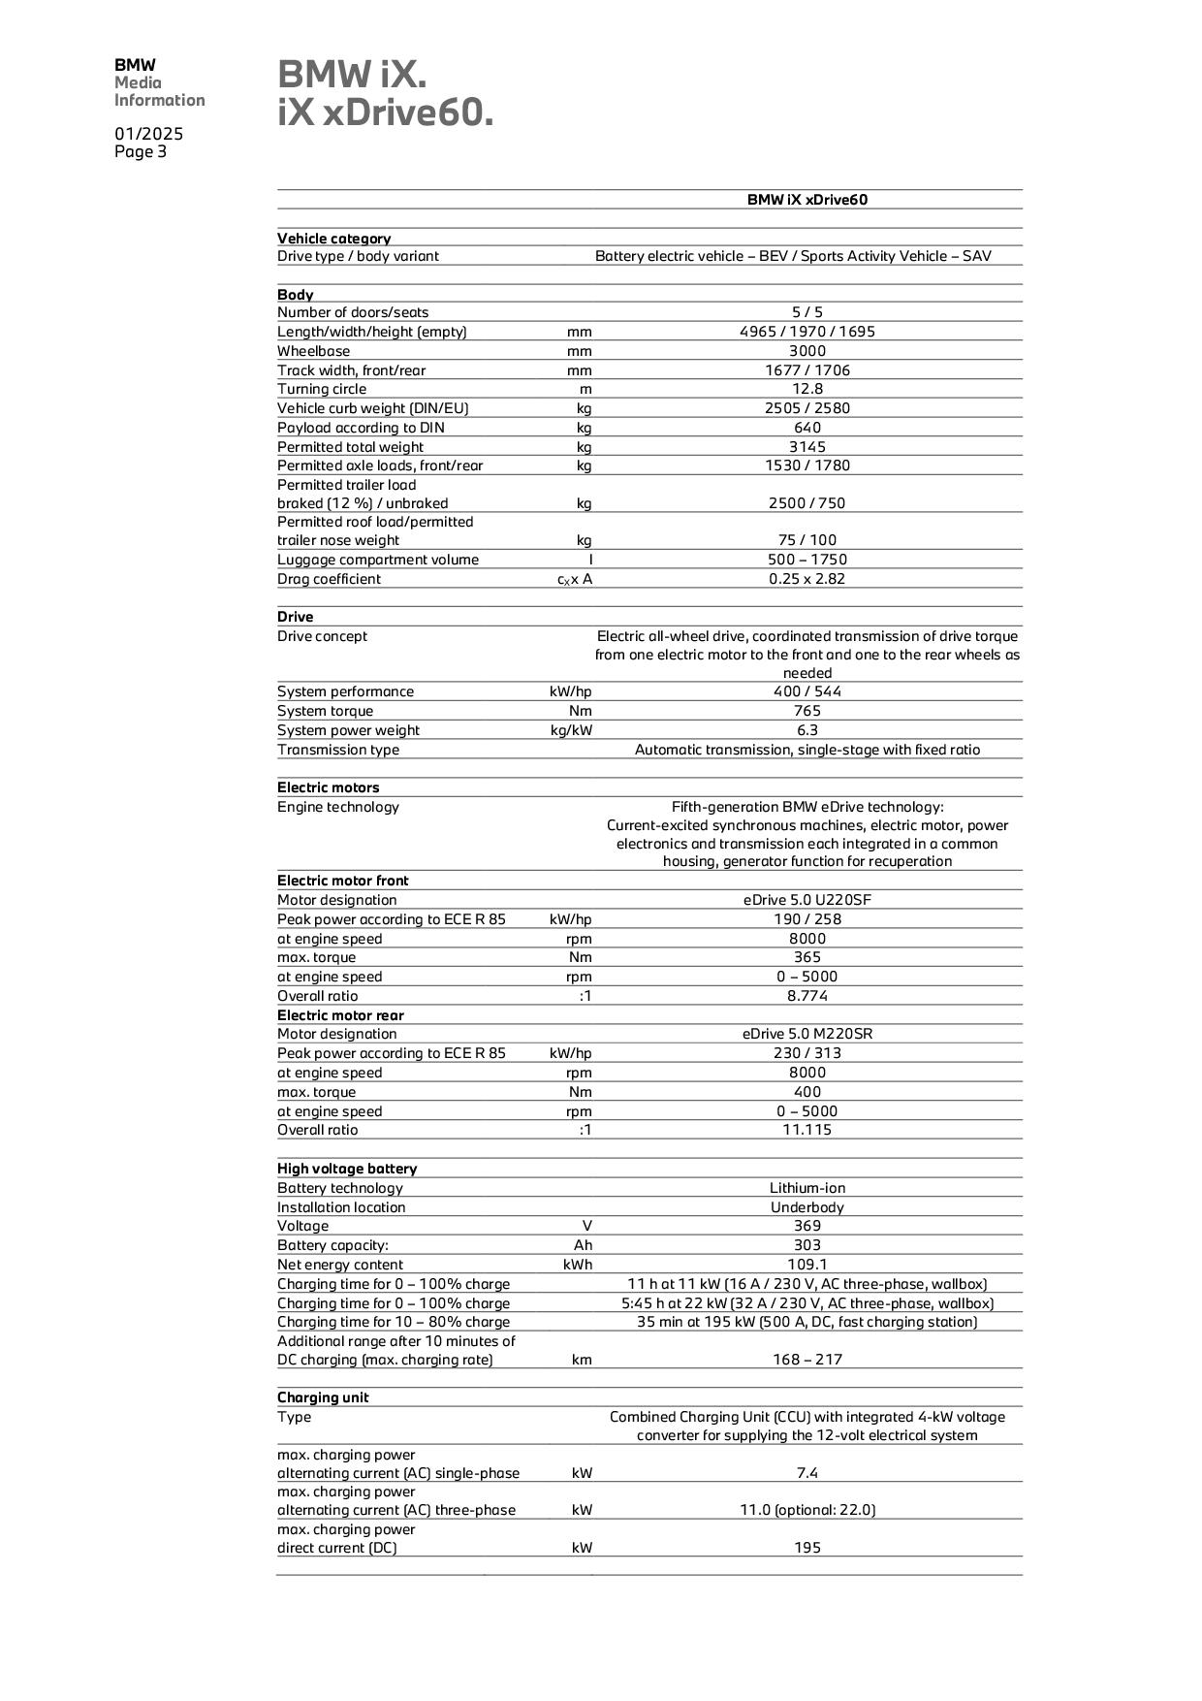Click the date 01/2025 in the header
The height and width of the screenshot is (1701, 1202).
click(x=148, y=134)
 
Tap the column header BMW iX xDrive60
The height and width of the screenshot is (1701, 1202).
click(x=807, y=200)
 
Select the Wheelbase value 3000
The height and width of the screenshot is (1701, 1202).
click(x=807, y=351)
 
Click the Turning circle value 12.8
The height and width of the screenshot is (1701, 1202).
click(x=807, y=389)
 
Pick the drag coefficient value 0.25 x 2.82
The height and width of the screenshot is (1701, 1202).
click(x=807, y=579)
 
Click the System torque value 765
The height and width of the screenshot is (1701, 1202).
click(x=807, y=711)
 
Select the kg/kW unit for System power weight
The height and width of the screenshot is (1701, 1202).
click(x=571, y=730)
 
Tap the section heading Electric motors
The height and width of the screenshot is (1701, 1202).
click(x=328, y=787)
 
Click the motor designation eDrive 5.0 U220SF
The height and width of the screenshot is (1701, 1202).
click(x=807, y=900)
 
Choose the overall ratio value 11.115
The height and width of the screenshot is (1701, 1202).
click(x=807, y=1130)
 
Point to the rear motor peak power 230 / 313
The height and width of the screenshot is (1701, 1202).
click(x=807, y=1053)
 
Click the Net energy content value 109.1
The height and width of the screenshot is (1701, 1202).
click(x=807, y=1265)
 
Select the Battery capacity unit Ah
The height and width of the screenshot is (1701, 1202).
click(x=583, y=1245)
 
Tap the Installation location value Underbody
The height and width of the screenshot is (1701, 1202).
click(x=807, y=1207)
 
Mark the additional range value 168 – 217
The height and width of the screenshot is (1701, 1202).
click(x=807, y=1360)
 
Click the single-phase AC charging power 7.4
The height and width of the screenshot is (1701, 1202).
click(x=807, y=1473)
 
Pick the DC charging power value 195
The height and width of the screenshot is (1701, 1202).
click(x=807, y=1548)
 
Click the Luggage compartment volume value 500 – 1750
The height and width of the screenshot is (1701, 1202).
click(x=807, y=560)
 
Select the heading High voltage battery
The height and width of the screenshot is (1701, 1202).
click(x=346, y=1169)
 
